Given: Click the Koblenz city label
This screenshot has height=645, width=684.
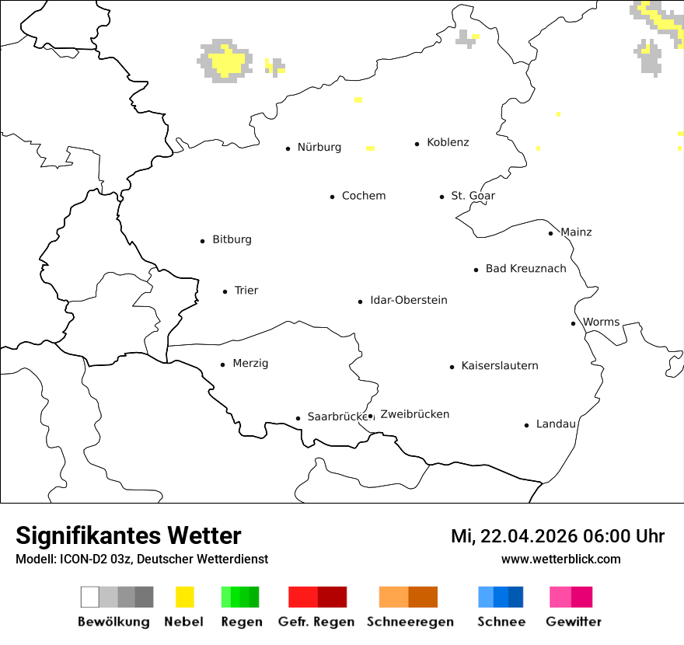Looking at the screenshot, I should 448,142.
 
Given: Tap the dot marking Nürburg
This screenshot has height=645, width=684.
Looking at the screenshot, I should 288,148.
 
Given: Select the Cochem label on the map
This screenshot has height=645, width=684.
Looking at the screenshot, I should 364,196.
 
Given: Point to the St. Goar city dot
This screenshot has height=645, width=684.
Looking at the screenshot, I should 441,197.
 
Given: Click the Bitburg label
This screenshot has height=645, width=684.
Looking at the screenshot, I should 232,239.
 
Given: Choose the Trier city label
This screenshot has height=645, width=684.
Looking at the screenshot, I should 246,291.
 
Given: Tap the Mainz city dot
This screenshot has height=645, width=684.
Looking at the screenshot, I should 550,233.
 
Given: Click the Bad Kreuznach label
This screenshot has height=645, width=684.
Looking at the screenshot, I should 525,269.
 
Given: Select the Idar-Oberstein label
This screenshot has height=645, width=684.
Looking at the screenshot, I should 409,301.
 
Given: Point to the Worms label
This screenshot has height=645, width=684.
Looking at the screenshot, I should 601,322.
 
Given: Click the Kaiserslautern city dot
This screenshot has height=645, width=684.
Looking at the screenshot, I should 452,367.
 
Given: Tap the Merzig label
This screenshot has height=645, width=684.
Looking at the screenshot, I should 250,364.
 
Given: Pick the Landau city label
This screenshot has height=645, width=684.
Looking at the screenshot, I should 556,424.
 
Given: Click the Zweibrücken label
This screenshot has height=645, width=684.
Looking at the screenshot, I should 415,414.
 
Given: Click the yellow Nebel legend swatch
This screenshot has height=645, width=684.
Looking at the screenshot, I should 185,597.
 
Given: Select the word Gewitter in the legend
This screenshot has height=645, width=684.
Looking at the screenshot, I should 574,622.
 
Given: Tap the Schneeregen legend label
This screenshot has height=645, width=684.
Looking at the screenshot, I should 410,622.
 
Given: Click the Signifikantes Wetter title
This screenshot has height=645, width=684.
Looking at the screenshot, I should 128,535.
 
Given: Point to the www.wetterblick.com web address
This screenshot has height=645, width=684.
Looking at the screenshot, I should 561,559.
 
